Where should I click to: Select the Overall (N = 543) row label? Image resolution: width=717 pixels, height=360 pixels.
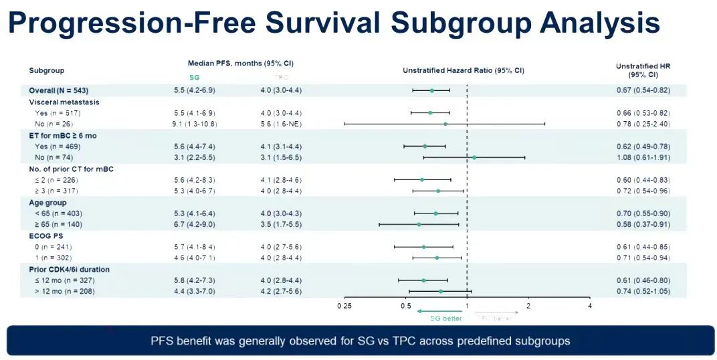59,90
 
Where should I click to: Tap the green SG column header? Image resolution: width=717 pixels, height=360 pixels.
195,77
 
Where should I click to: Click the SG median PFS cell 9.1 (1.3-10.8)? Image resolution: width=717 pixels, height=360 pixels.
195,124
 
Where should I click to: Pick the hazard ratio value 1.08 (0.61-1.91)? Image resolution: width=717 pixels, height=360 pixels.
643,157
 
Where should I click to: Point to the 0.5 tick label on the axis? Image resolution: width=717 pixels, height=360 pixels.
406,306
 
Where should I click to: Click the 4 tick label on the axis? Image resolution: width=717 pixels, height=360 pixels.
589,306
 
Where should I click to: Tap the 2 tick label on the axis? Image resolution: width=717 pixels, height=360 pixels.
528,306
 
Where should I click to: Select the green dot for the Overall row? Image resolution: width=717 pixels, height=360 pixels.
432,90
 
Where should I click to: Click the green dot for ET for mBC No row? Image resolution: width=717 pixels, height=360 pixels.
474,157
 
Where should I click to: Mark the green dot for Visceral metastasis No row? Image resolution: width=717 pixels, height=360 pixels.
445,124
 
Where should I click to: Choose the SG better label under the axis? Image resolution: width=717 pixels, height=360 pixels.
446,319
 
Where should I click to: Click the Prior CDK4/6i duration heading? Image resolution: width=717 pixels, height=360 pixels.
69,269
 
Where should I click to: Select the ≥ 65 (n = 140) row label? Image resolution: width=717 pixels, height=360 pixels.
59,224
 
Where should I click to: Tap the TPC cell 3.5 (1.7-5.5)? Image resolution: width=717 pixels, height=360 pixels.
281,224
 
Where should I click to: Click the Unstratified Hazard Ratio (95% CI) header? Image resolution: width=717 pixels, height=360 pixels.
463,70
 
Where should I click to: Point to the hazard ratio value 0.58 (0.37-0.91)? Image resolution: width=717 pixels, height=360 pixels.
643,224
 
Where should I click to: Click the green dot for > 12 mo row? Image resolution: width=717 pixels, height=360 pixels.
441,291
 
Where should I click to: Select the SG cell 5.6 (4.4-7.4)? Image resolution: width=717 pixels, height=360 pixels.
195,146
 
